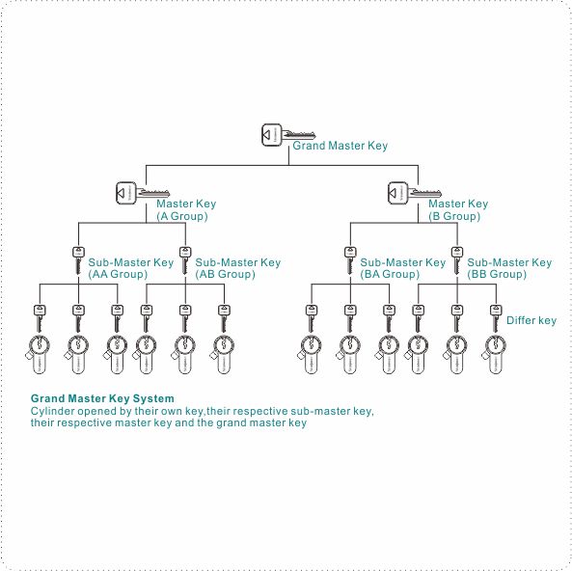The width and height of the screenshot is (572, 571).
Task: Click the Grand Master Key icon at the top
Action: point(287,135)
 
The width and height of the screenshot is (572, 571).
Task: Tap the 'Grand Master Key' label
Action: point(340,146)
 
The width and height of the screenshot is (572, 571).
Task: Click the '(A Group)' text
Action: point(182,217)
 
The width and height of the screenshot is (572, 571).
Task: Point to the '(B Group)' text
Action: point(454,217)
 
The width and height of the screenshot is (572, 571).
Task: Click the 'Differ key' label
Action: point(531,320)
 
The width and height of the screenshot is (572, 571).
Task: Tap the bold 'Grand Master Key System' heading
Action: point(102,398)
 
